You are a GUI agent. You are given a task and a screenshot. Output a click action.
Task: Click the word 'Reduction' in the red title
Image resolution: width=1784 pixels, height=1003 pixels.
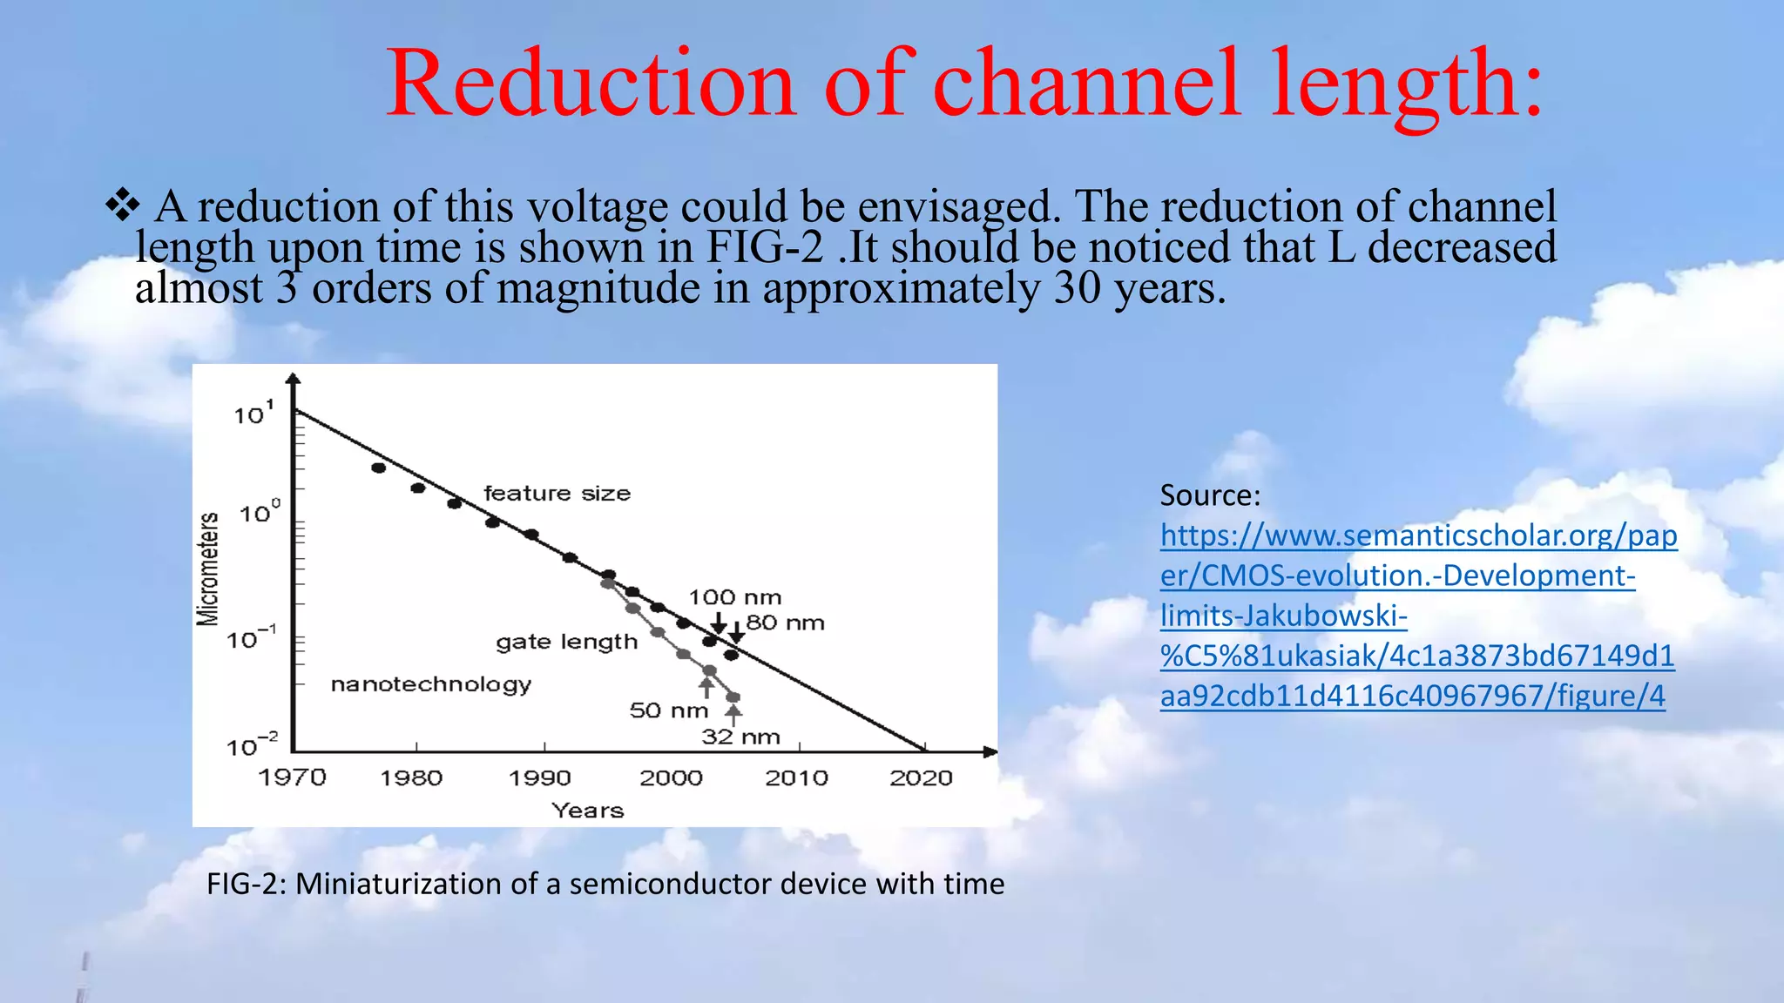(591, 84)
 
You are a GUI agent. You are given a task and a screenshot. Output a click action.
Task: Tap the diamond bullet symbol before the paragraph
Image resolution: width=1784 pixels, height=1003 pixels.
(122, 205)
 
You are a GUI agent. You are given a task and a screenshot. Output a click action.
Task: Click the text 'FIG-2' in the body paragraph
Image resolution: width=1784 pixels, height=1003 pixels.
(764, 247)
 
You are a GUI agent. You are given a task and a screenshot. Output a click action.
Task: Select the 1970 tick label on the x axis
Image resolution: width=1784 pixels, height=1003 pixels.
(292, 777)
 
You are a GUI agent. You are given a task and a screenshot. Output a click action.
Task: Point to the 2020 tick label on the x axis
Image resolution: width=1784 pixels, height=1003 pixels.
(921, 777)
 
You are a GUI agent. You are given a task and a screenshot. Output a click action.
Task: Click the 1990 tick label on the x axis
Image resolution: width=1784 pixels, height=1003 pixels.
(540, 777)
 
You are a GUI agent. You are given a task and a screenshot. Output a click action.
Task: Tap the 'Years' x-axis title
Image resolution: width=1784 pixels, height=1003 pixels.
(588, 811)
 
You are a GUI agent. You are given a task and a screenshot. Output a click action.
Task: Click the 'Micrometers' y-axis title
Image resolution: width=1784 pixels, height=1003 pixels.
(207, 569)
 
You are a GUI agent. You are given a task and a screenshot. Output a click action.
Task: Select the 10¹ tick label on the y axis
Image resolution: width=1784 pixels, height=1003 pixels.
(253, 414)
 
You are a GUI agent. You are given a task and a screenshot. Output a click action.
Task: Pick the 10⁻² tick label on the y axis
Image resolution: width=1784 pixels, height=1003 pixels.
(251, 746)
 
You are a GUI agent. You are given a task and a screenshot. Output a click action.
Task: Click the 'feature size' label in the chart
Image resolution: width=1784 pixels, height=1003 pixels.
(557, 494)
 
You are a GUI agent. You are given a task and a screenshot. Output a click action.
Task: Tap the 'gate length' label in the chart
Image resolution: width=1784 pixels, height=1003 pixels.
(566, 643)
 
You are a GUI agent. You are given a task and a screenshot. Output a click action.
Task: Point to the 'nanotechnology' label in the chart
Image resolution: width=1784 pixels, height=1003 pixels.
(430, 684)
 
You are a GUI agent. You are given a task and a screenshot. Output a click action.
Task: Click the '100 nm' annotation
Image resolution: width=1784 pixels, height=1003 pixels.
(734, 597)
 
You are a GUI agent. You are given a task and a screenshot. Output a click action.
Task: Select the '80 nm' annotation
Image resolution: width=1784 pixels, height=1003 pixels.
(785, 623)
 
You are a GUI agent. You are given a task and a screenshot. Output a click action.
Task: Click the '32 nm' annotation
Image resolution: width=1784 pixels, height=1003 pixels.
(740, 737)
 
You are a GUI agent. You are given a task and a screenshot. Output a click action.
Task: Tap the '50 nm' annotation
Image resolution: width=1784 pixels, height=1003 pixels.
(668, 710)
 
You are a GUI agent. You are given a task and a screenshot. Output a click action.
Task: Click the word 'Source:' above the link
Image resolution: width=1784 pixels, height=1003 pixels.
(1210, 495)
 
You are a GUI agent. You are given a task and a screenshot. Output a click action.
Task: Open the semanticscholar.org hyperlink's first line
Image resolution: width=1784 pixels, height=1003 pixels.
(1418, 535)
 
